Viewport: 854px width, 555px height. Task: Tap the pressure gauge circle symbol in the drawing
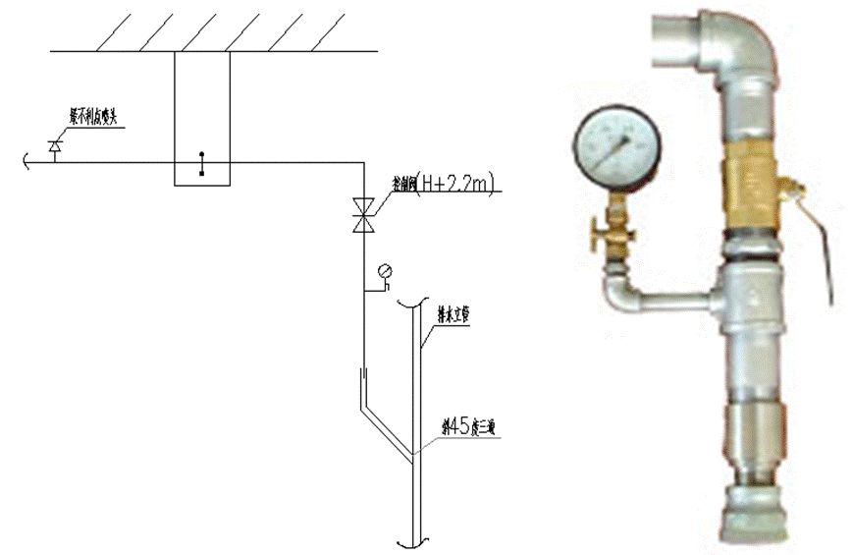pos(384,271)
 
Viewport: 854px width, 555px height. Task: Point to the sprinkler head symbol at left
pos(54,147)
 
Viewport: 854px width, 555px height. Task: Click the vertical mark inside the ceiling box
pos(202,163)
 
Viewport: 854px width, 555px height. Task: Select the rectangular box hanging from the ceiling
pos(202,118)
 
